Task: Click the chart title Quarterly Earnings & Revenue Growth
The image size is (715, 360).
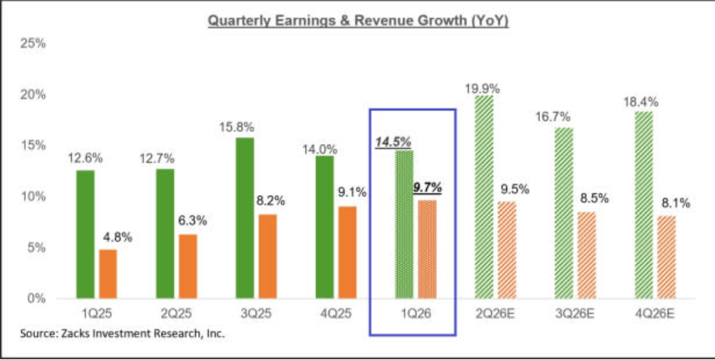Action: click(357, 21)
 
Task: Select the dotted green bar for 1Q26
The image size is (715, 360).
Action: click(404, 225)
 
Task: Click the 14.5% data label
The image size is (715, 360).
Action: click(393, 142)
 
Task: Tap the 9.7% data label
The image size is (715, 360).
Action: click(427, 187)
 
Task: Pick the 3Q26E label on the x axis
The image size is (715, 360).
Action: click(574, 314)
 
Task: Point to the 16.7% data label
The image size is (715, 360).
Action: click(554, 117)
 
